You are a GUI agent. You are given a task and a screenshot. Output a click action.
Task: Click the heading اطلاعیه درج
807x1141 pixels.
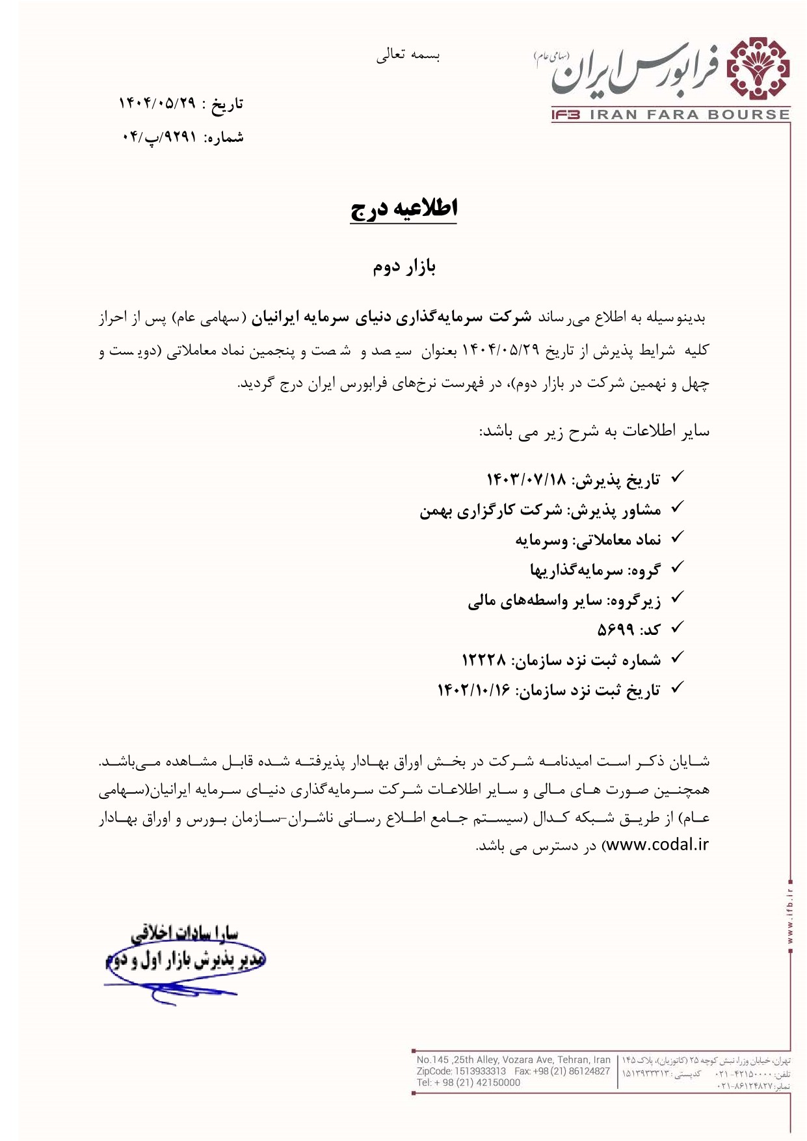404,208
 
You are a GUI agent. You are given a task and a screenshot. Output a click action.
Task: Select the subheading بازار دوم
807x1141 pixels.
404,267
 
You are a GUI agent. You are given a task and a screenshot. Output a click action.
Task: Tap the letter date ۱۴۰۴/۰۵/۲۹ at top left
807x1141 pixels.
156,103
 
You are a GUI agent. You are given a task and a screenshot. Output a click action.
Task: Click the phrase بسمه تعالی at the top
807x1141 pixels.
408,56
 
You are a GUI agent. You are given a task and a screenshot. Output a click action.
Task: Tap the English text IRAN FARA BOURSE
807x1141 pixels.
689,115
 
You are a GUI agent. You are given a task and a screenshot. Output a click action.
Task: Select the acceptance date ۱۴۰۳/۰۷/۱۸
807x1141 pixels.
527,480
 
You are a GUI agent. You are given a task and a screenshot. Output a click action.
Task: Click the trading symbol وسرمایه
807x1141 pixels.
542,540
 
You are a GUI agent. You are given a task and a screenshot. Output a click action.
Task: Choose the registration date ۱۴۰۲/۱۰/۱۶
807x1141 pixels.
474,690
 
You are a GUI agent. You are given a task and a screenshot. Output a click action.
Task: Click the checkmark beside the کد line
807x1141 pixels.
676,627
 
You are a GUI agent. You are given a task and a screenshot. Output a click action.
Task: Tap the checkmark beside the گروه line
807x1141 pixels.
676,567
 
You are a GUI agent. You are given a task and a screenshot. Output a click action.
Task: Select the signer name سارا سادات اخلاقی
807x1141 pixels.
185,934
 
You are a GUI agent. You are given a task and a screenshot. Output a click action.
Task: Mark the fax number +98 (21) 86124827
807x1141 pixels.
572,1071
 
